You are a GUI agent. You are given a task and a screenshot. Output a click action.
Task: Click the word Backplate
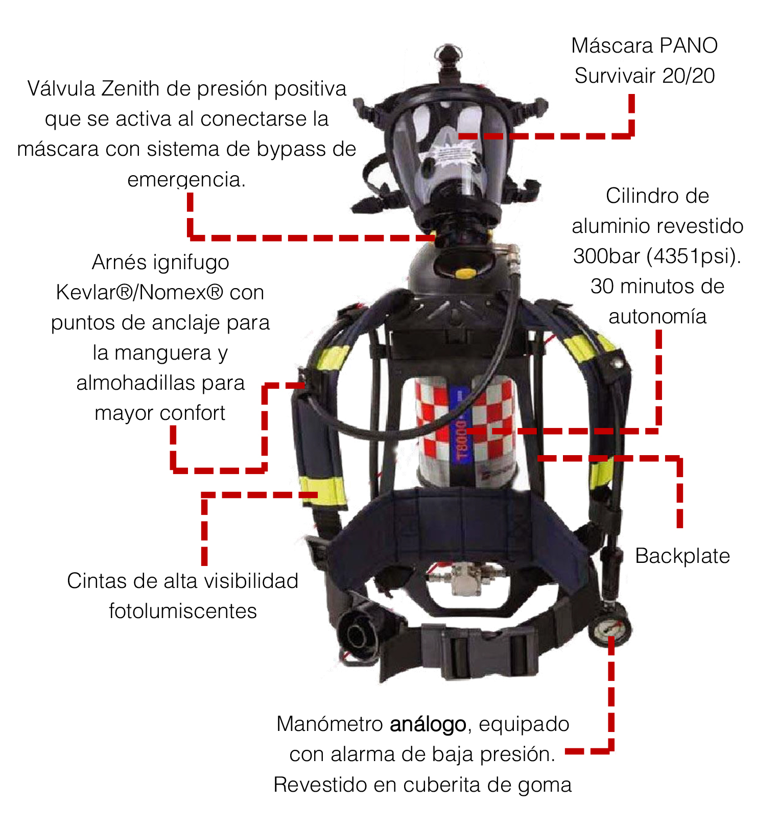pyautogui.click(x=682, y=556)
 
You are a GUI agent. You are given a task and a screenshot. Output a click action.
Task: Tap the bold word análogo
pyautogui.click(x=428, y=725)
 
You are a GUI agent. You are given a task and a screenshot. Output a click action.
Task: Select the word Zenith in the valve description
pyautogui.click(x=130, y=89)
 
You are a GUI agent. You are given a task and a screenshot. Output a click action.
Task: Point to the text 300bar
pyautogui.click(x=606, y=256)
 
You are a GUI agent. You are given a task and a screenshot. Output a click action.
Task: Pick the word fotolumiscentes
pyautogui.click(x=183, y=611)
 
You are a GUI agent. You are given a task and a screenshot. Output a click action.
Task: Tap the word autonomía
pyautogui.click(x=657, y=317)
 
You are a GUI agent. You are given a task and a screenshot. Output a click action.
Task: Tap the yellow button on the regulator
pyautogui.click(x=464, y=273)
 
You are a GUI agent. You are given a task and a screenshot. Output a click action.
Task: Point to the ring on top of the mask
pyautogui.click(x=449, y=52)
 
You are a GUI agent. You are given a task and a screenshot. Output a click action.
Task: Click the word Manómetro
pyautogui.click(x=330, y=724)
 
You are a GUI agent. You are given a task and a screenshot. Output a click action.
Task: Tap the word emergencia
pyautogui.click(x=186, y=180)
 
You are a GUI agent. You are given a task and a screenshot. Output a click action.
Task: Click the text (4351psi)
pyautogui.click(x=694, y=256)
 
